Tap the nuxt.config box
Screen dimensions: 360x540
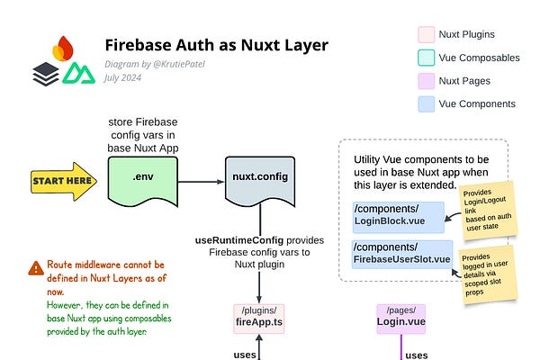click(260, 177)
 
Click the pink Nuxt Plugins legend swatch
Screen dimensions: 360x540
click(427, 34)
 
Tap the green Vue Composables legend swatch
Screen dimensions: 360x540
click(427, 57)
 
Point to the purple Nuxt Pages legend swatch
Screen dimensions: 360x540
click(427, 79)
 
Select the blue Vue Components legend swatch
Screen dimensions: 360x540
click(427, 102)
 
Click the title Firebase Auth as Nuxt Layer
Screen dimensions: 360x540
click(216, 45)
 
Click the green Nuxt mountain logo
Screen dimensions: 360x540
click(76, 73)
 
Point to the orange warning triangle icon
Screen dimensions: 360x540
click(36, 268)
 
